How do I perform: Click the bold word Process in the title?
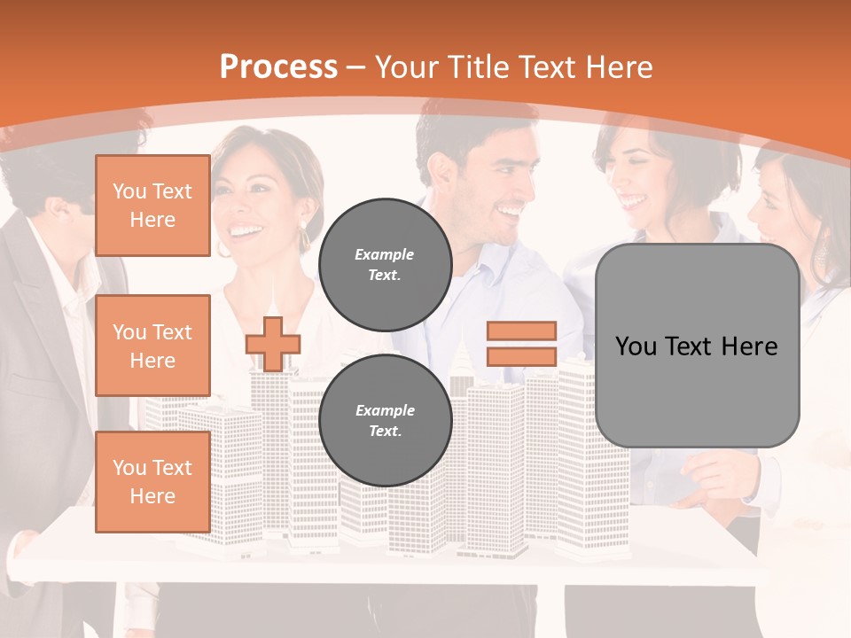coord(278,67)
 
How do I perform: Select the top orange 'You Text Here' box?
coord(152,206)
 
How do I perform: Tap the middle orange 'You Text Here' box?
coord(152,346)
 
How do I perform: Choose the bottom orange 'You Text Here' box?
coord(152,482)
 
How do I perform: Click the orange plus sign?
coord(273,344)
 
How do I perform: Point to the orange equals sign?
coord(521,344)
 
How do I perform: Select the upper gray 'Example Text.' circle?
coord(385,264)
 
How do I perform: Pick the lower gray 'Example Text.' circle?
coord(385,420)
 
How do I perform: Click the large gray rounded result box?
coord(697,346)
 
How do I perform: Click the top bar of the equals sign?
coord(521,331)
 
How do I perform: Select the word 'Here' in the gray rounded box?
coord(749,346)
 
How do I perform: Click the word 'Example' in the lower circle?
coord(385,410)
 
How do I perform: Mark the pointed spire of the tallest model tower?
coord(274,292)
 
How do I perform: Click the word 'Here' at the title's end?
coord(621,67)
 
